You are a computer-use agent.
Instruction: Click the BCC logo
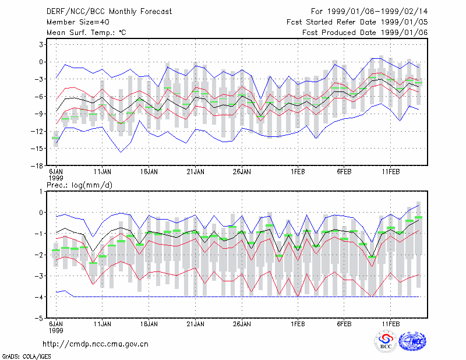(386, 341)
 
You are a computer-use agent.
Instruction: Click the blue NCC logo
(412, 341)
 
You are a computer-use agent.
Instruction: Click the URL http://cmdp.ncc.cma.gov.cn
(96, 344)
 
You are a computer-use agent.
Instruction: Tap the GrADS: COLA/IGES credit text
(26, 357)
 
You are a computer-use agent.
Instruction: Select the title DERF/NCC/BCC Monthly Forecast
(109, 12)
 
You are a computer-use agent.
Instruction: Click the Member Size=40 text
(78, 22)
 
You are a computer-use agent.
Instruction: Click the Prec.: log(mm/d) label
(79, 185)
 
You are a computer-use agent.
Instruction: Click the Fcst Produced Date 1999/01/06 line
(365, 33)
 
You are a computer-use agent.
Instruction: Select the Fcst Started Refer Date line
(357, 22)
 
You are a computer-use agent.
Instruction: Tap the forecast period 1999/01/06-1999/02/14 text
(369, 12)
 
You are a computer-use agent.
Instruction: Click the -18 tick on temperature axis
(37, 166)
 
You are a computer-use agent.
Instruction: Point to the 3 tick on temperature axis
(41, 45)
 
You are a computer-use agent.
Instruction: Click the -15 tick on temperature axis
(37, 149)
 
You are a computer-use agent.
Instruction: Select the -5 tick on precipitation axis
(39, 318)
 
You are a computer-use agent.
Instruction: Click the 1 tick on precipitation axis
(41, 192)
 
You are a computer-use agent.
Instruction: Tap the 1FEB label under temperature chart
(298, 172)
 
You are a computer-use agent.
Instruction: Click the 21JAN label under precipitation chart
(196, 324)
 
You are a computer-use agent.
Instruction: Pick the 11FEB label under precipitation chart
(391, 324)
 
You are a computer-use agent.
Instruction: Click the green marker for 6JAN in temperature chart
(55, 138)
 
